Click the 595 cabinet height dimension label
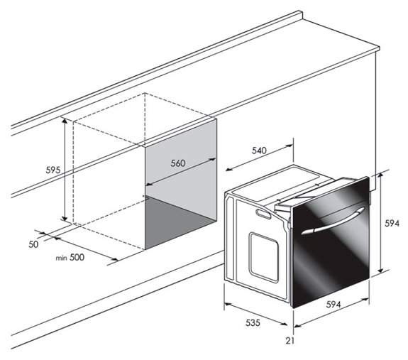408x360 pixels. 53,170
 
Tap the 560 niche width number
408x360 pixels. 178,163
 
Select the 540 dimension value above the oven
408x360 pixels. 259,151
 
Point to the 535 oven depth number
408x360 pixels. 253,323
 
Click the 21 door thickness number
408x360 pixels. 290,341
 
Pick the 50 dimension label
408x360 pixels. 33,244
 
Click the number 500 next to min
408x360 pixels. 77,257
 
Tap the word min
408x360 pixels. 62,258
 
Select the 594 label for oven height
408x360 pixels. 392,223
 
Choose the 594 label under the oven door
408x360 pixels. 333,305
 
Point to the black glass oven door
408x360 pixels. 331,242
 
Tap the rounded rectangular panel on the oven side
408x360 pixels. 264,257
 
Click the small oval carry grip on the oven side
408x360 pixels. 264,213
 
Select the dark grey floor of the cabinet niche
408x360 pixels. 180,222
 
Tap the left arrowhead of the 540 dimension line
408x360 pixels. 228,170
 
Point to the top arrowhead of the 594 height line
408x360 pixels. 380,175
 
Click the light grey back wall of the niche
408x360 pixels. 181,169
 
